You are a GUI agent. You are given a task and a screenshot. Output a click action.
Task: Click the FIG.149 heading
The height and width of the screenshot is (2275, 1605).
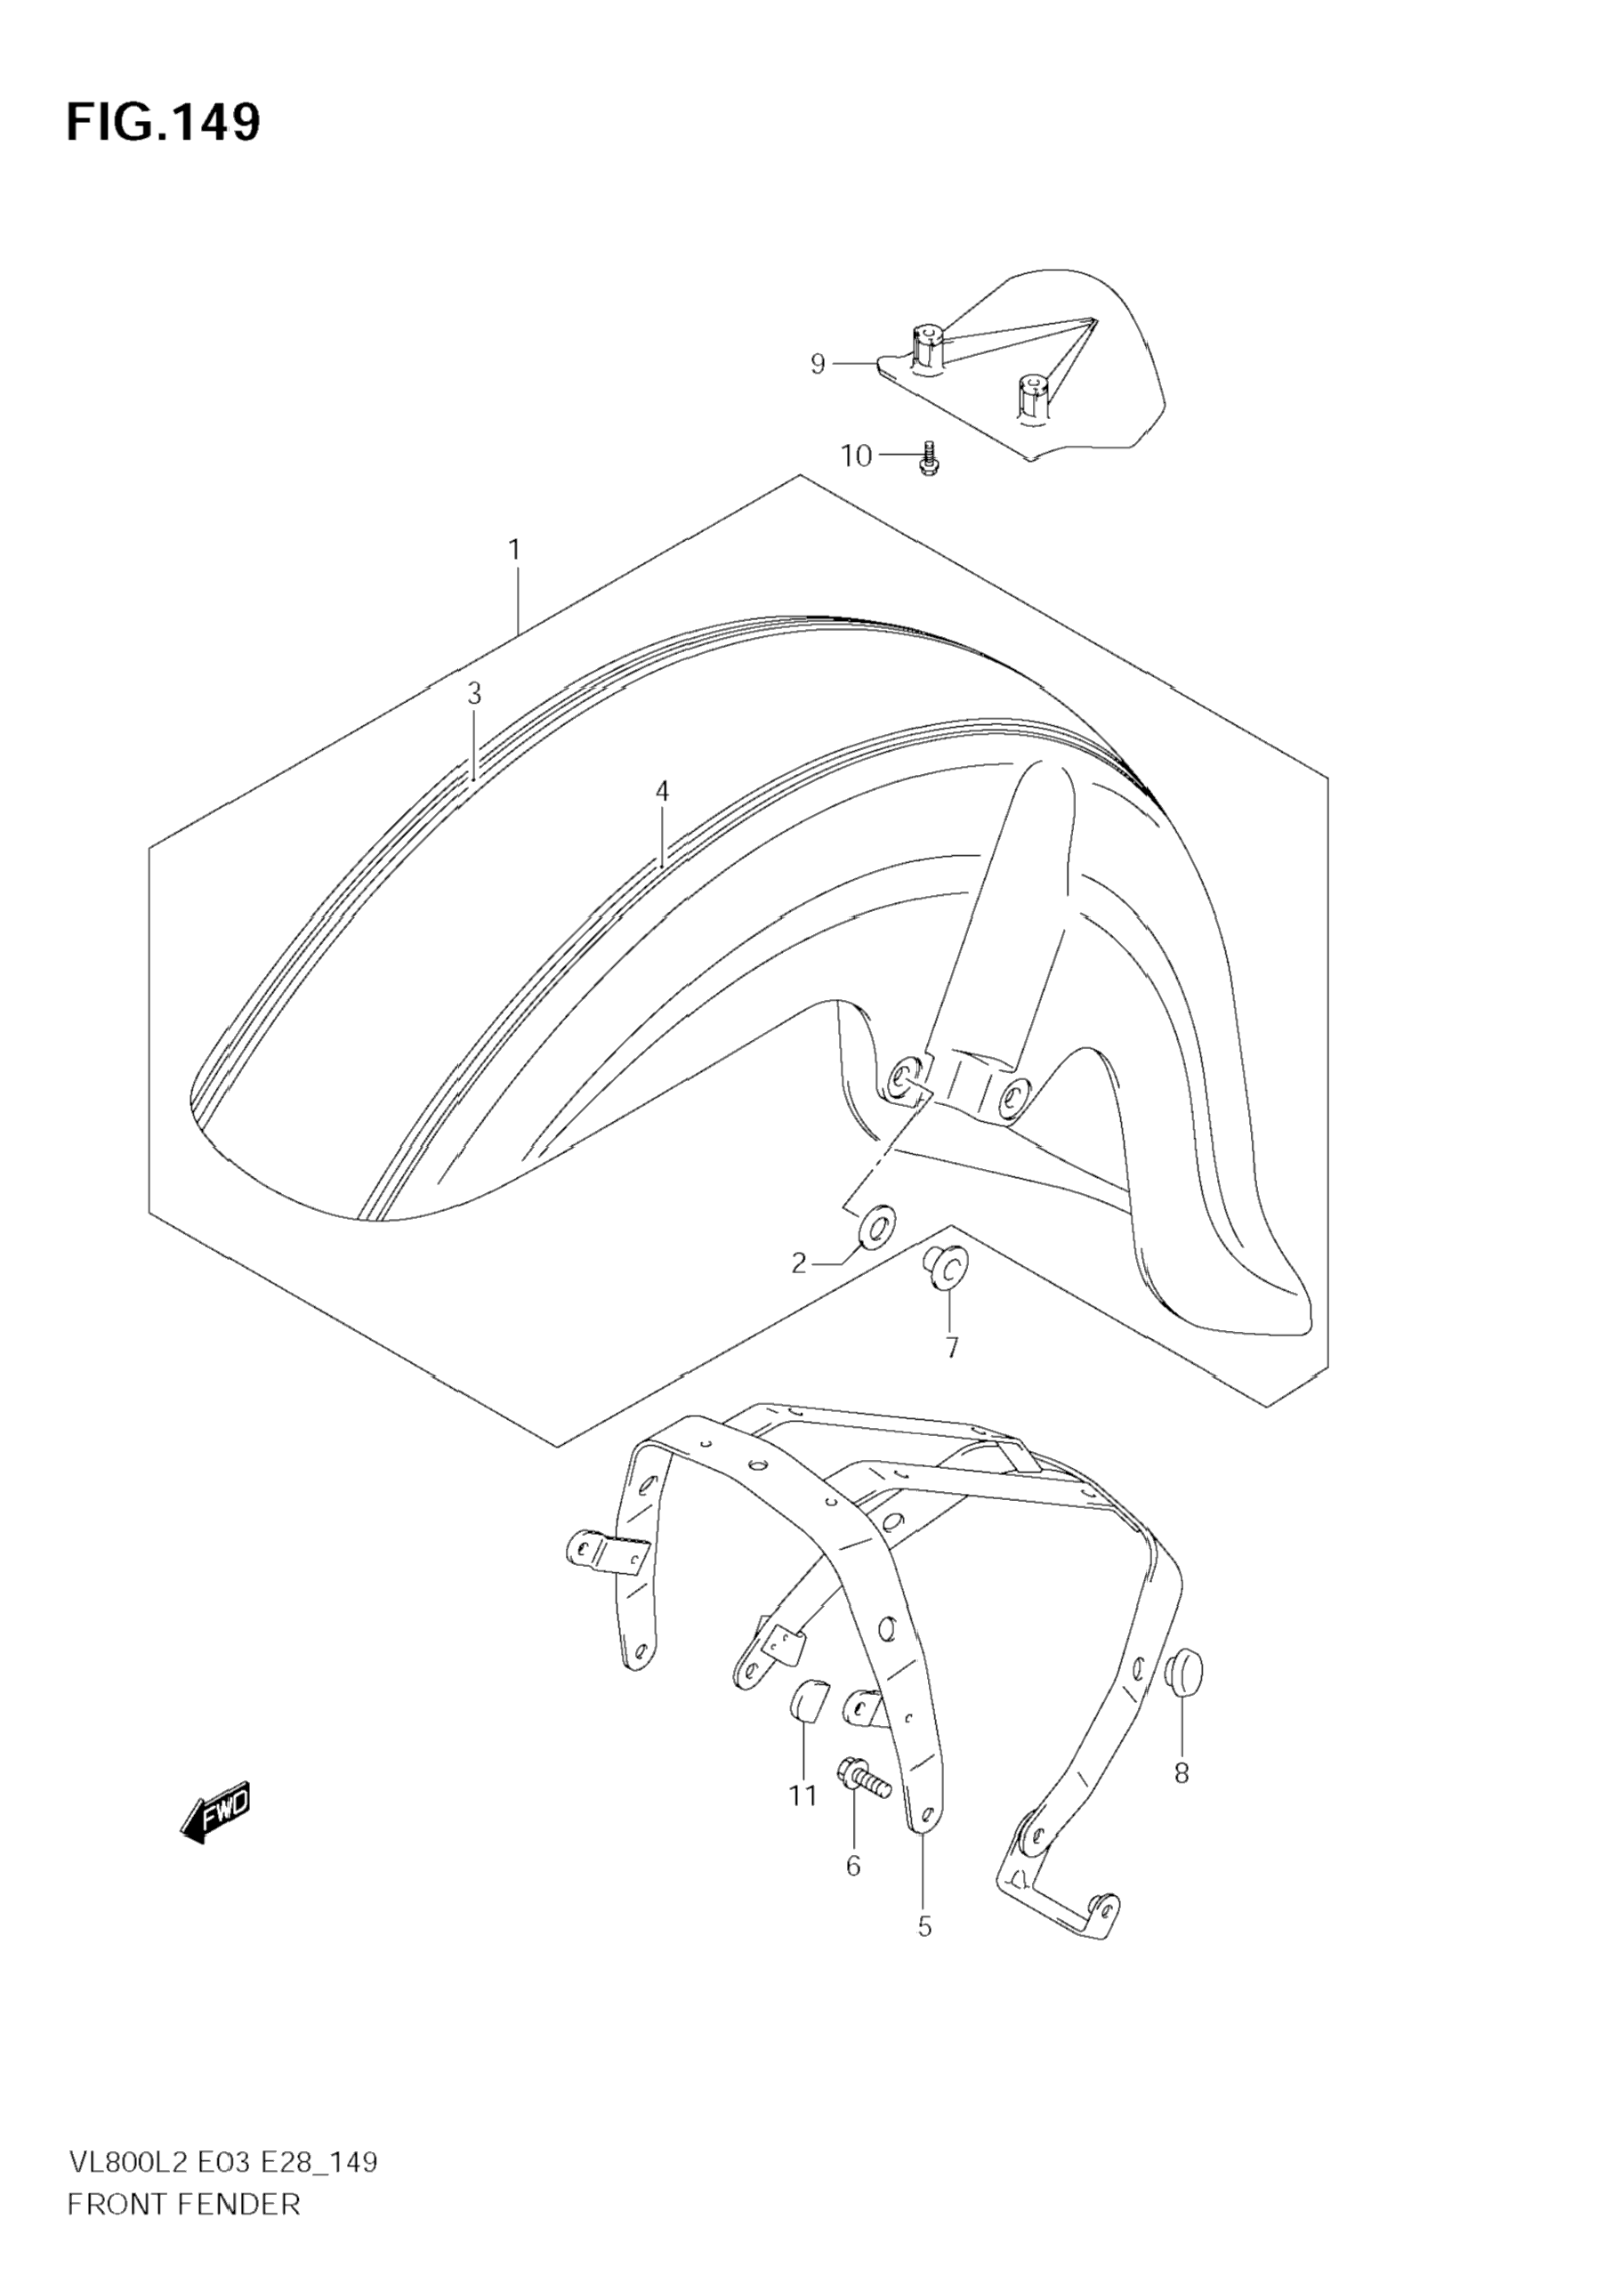click(164, 123)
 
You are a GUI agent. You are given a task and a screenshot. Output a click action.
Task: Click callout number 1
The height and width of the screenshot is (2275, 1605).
click(514, 550)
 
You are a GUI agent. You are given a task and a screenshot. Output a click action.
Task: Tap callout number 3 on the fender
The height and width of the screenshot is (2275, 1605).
click(474, 694)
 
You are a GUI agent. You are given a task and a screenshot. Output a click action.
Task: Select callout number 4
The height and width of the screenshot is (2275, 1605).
click(662, 791)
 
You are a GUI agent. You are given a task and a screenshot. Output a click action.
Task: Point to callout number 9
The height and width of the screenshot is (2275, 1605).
click(818, 365)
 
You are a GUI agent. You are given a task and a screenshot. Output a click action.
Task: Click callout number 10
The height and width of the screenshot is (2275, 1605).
click(856, 456)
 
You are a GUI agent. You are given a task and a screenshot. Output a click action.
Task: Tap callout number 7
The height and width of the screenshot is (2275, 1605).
click(951, 1348)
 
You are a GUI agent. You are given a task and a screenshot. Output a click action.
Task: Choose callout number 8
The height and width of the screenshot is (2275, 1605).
click(1181, 1772)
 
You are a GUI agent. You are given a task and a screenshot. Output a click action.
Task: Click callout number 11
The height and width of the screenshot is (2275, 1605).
click(802, 1795)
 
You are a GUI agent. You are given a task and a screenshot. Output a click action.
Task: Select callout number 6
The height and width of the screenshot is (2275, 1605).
click(853, 1866)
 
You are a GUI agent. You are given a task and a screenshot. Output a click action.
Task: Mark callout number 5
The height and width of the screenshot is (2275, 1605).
click(924, 1927)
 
